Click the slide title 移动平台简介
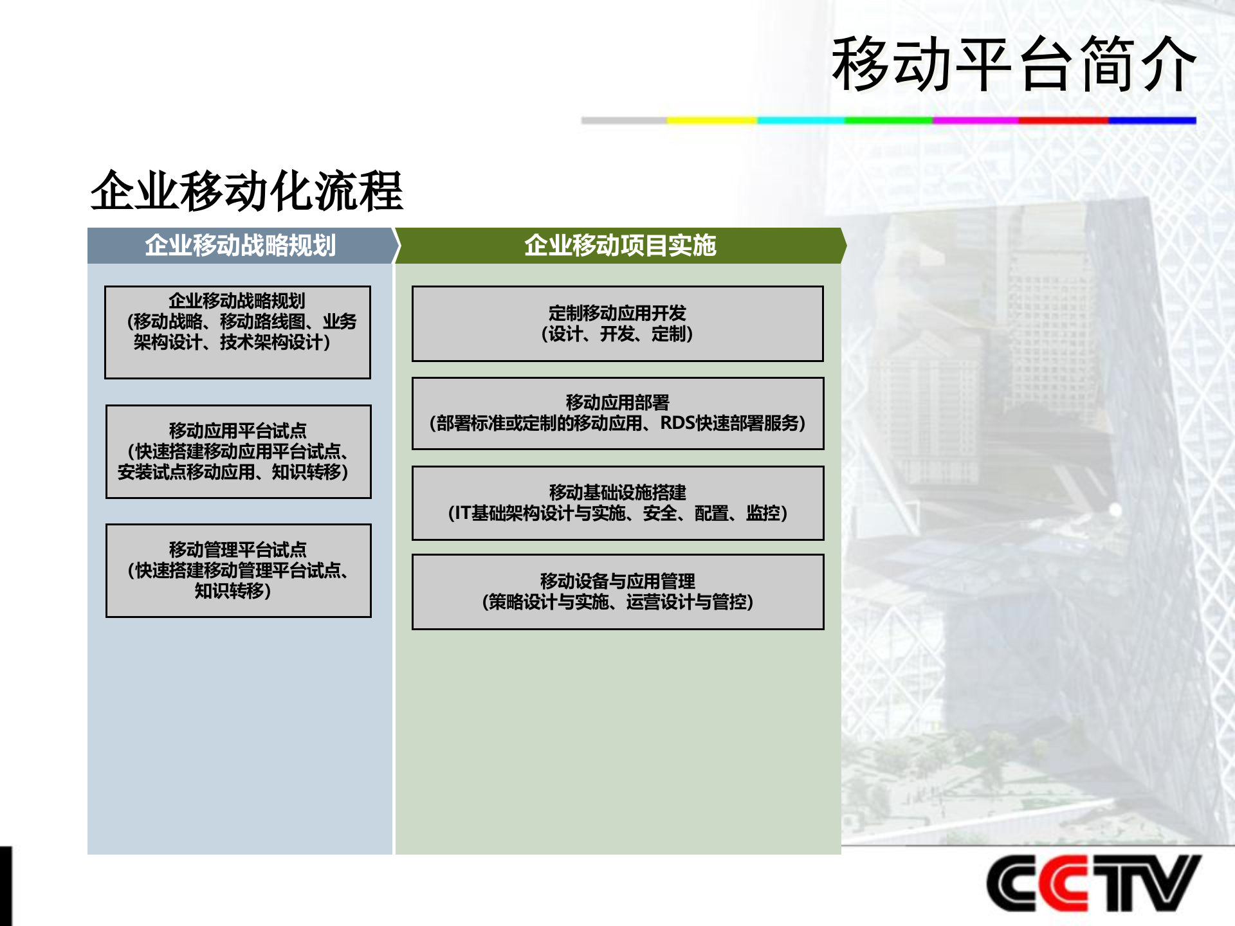coord(1013,64)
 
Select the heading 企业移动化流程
coord(246,191)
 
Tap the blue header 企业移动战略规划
coord(240,246)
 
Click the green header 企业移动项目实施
coord(619,246)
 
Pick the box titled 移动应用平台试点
coord(238,451)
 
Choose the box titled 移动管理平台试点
coord(238,570)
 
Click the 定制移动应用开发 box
coord(617,323)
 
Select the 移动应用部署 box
coord(617,413)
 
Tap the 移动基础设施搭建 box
coord(617,503)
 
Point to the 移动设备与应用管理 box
coord(617,592)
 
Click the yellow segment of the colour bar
coord(711,120)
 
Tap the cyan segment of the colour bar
coord(800,120)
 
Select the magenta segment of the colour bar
coord(975,120)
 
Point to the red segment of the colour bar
coord(1063,120)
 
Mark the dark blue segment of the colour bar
coord(1151,120)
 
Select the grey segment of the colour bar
coord(624,120)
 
